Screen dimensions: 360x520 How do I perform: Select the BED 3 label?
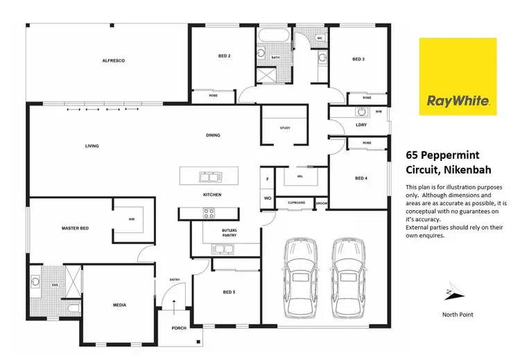coord(358,60)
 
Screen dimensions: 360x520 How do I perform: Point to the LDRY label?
coord(361,125)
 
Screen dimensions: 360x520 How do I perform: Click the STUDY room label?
coord(285,128)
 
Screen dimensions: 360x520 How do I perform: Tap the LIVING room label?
coord(92,146)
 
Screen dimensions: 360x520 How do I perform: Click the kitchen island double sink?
coord(207,176)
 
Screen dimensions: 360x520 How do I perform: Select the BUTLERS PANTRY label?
coord(229,232)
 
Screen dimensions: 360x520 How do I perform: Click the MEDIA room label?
coord(119,305)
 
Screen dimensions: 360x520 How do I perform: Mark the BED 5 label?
coord(229,292)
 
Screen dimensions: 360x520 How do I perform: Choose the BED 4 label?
coord(361,178)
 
